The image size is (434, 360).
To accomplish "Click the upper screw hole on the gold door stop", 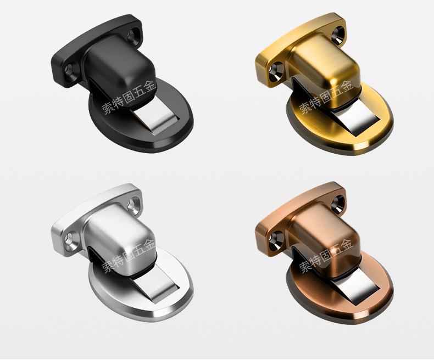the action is click(337, 35).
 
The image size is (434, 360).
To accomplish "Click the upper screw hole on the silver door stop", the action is click(133, 204).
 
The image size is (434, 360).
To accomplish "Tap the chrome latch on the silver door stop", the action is click(156, 289).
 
